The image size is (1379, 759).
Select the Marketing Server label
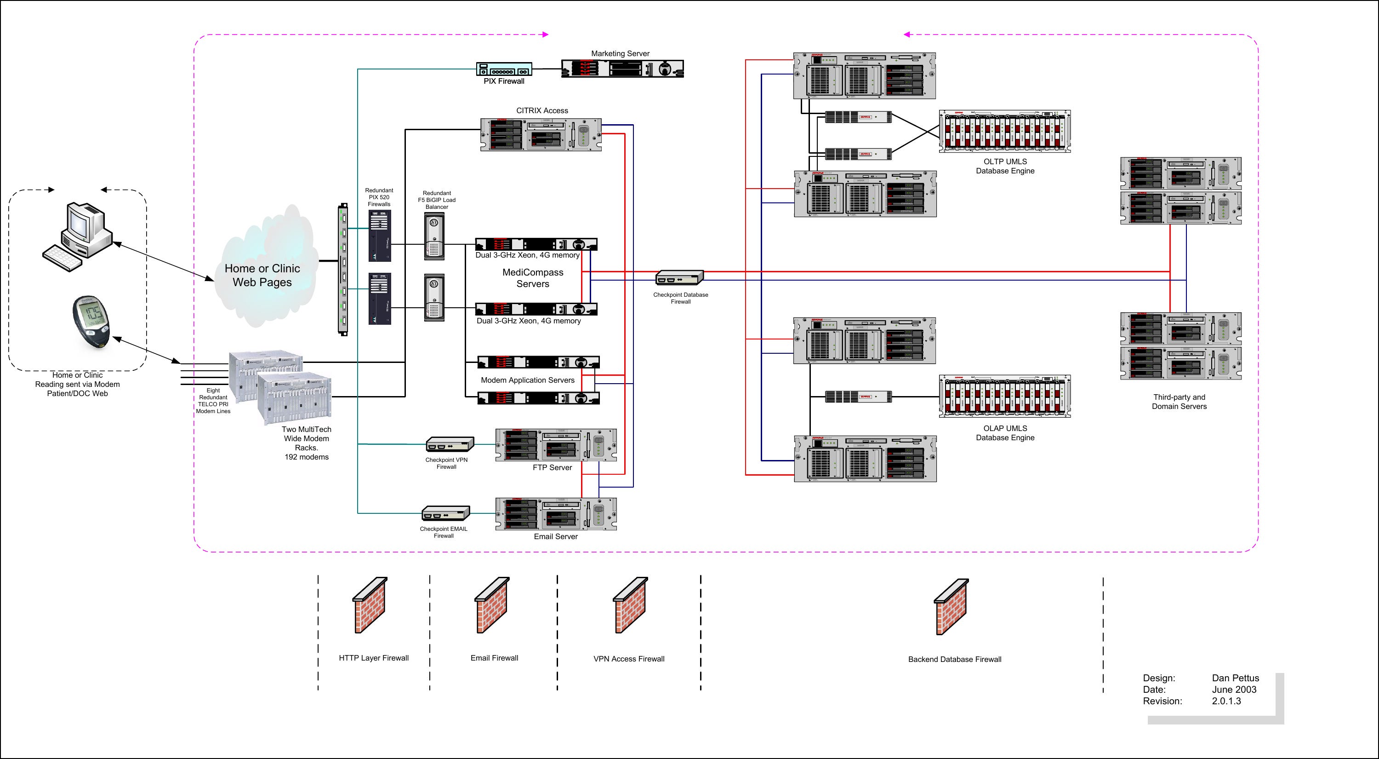(620, 53)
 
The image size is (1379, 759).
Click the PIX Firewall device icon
(504, 69)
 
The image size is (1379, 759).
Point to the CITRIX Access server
(541, 134)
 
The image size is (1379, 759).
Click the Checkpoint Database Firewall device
(679, 277)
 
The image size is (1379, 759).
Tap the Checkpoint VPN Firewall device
(450, 444)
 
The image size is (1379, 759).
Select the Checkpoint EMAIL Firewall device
(446, 513)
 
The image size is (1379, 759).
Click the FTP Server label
(552, 468)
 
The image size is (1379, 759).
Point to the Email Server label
(556, 537)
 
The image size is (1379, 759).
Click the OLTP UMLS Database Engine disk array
(1005, 132)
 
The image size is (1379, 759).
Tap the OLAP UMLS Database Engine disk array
(1005, 397)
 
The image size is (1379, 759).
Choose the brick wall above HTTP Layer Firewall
(370, 605)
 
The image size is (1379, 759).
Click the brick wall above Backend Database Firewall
(951, 607)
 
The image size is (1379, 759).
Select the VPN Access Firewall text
(628, 659)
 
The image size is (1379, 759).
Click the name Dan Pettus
(1236, 678)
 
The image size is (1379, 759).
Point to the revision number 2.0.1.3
(1226, 701)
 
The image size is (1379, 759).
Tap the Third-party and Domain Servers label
(1180, 402)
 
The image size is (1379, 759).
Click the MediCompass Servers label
(533, 278)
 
